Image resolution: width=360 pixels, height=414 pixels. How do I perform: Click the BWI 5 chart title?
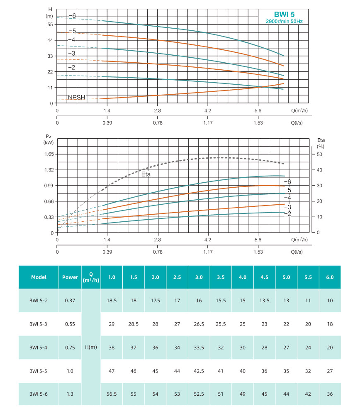285,14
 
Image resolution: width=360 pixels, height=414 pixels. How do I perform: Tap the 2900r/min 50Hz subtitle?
285,21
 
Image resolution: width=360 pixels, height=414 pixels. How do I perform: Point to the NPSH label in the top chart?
76,97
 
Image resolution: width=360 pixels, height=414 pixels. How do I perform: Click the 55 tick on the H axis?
50,24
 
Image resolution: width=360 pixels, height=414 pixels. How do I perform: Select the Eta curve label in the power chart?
145,174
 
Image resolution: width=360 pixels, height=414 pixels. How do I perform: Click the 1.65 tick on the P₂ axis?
49,154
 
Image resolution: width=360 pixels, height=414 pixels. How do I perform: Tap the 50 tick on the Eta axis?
320,154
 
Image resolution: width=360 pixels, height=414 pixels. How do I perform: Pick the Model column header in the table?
39,277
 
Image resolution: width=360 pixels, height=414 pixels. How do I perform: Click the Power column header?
70,277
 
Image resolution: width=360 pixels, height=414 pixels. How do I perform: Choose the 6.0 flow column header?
330,277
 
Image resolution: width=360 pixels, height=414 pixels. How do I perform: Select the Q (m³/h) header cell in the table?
91,277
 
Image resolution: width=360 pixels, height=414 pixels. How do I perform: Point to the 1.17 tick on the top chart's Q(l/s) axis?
208,123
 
